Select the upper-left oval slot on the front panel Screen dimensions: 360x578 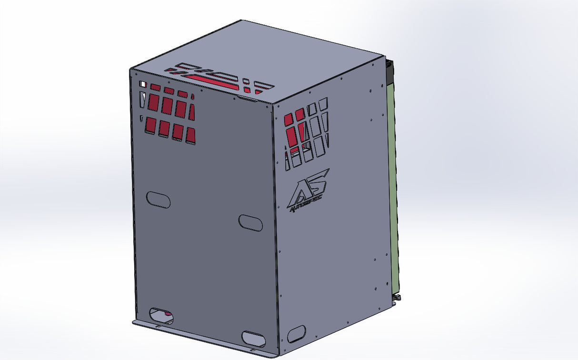pyautogui.click(x=158, y=200)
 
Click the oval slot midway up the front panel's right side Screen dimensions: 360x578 pyautogui.click(x=250, y=222)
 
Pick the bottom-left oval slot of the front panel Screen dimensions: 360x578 pyautogui.click(x=161, y=315)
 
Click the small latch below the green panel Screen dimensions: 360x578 pyautogui.click(x=397, y=298)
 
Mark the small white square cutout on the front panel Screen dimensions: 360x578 pyautogui.click(x=142, y=84)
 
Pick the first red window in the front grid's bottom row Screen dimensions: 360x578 pyautogui.click(x=150, y=125)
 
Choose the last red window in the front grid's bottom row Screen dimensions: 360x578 pyautogui.click(x=190, y=136)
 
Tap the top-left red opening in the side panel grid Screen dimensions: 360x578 pyautogui.click(x=289, y=119)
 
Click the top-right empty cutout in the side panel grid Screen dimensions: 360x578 pyautogui.click(x=323, y=103)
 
